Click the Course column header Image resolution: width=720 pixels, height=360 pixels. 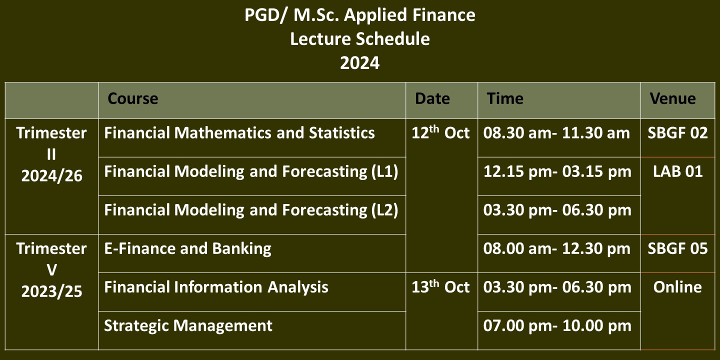tap(133, 98)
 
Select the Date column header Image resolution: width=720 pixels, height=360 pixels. tap(432, 98)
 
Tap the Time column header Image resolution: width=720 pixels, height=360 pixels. tap(505, 98)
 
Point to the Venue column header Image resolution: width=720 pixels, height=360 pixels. tap(673, 98)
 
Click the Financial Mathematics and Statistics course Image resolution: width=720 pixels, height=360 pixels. tap(239, 133)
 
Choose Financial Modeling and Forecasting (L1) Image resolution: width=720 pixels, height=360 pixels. tap(251, 171)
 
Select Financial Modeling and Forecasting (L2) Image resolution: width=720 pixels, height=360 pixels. tap(251, 210)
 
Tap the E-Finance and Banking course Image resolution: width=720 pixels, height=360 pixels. tap(187, 249)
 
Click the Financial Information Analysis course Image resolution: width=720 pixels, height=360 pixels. tap(216, 287)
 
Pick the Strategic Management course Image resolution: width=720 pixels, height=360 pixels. tap(188, 326)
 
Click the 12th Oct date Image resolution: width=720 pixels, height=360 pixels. tap(440, 132)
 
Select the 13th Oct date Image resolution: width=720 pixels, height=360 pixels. tap(440, 286)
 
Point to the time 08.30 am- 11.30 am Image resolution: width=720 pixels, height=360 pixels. tap(556, 133)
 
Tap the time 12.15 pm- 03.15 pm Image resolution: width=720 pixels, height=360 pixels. tap(557, 171)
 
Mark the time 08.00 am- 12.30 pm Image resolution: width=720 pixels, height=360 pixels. tap(556, 249)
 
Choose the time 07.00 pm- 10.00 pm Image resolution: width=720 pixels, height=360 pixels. tap(557, 326)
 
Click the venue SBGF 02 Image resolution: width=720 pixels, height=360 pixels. tap(677, 133)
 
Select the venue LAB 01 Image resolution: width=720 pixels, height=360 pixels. tap(677, 171)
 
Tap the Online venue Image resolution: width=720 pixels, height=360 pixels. tap(677, 287)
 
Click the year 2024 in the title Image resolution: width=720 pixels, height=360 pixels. tap(359, 63)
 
